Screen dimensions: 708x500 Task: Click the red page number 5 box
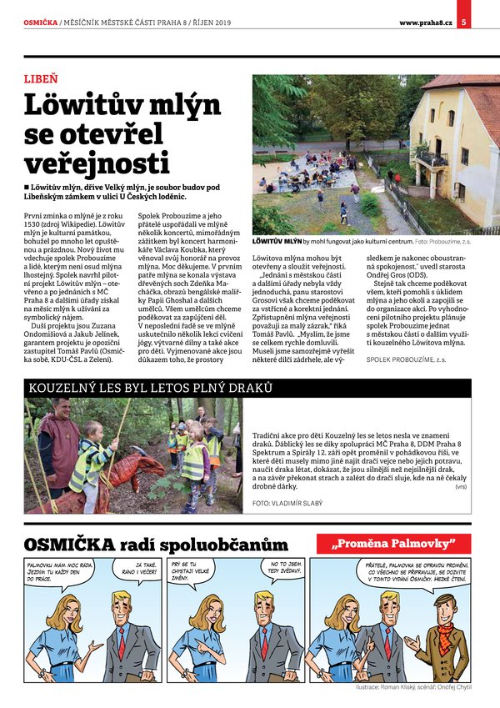click(x=462, y=22)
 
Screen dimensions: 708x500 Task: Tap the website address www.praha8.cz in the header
click(x=425, y=23)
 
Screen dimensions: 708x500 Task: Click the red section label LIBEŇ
click(x=41, y=80)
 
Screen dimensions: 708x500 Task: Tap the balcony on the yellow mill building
click(x=432, y=157)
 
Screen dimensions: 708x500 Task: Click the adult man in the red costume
click(x=58, y=442)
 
